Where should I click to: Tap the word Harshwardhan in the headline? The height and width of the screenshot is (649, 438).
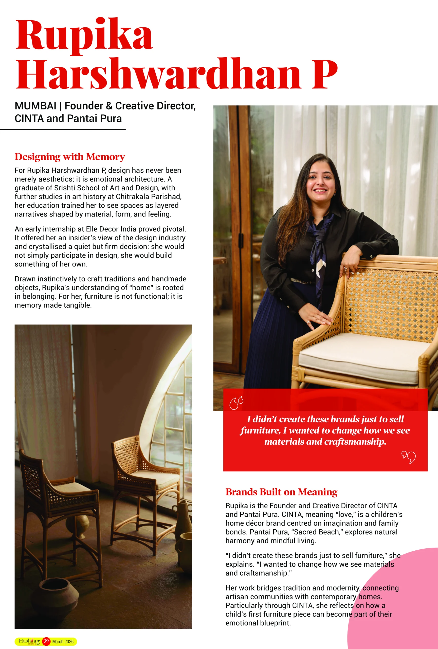tap(158, 74)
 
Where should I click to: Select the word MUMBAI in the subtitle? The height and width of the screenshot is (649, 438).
tap(35, 106)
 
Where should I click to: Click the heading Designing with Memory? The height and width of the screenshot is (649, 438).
tap(70, 157)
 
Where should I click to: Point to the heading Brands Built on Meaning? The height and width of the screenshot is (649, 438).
tap(281, 492)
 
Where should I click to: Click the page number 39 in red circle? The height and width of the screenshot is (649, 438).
tap(46, 641)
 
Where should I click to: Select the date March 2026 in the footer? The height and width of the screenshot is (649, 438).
tap(63, 641)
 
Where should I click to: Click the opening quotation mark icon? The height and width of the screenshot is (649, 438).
tap(236, 403)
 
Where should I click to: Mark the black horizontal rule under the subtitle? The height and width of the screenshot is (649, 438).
tap(63, 130)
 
